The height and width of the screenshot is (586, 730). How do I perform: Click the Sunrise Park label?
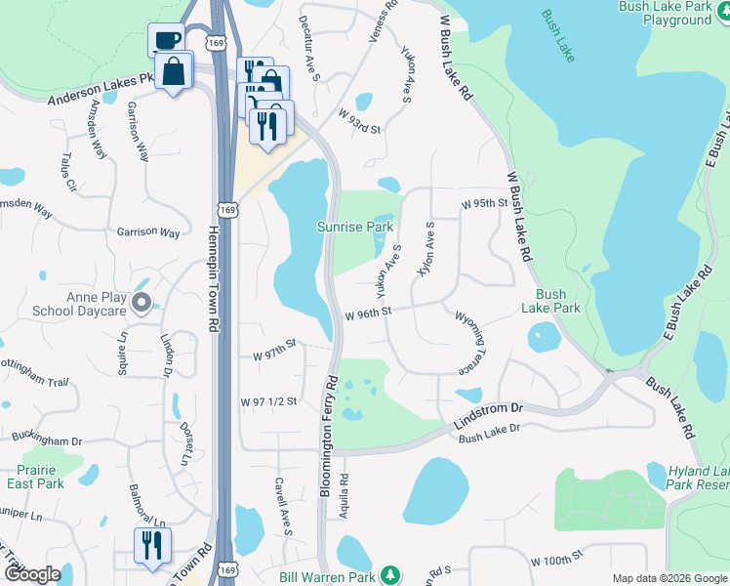point(355,227)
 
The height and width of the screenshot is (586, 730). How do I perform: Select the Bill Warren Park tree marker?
point(390,573)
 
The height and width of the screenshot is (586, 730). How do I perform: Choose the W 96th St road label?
point(368,313)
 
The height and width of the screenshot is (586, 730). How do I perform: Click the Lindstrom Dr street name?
point(489,418)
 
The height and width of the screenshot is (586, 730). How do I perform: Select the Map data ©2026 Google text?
point(669,578)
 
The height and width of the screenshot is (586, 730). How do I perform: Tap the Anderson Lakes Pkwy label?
point(101,89)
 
